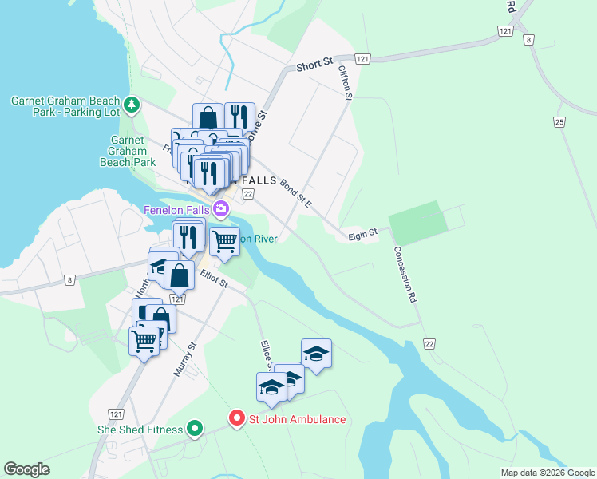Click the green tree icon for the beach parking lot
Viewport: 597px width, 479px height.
[x=132, y=105]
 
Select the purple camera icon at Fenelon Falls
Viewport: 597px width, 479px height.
[x=221, y=209]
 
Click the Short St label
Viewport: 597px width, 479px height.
[x=314, y=64]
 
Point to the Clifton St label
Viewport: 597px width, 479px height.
[x=345, y=83]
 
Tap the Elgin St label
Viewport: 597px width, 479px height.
[x=362, y=235]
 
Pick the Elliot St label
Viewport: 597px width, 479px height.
[x=215, y=280]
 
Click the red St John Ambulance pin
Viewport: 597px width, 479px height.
[x=236, y=418]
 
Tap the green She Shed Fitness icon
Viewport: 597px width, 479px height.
[x=194, y=430]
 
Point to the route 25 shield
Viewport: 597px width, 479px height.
[x=559, y=121]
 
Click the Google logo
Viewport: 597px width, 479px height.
[x=26, y=469]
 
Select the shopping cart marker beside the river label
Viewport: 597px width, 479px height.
[x=224, y=239]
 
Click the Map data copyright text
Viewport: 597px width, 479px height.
[x=547, y=473]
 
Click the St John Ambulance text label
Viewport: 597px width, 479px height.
[x=298, y=419]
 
